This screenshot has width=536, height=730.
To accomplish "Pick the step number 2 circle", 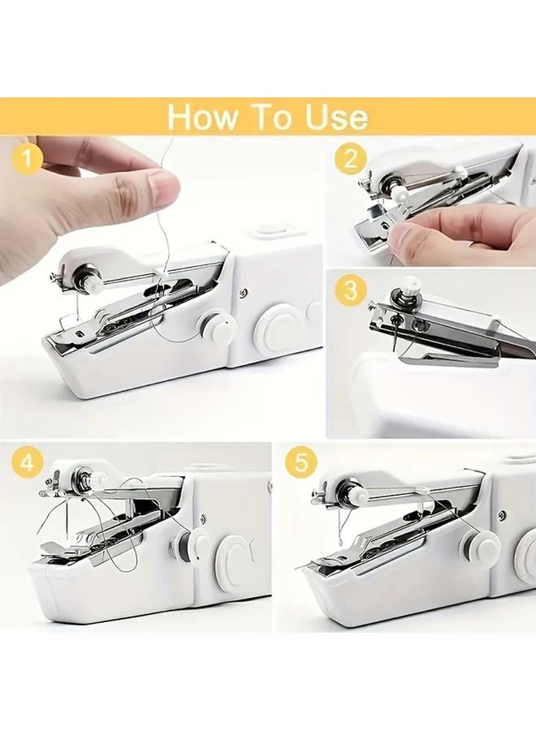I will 350,158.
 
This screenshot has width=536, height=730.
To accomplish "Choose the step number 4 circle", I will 27,464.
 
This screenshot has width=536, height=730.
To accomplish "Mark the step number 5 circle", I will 301,464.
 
